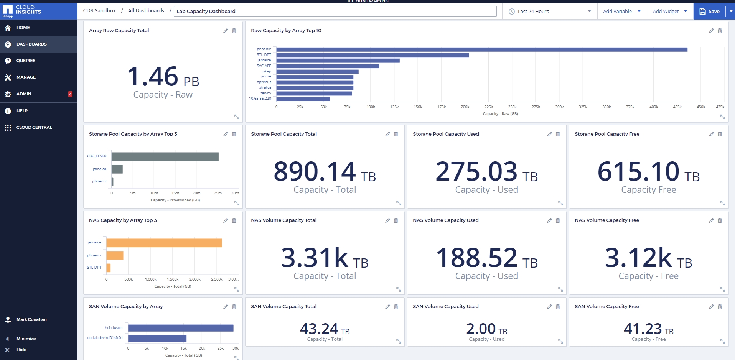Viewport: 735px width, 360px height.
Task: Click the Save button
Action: (x=709, y=12)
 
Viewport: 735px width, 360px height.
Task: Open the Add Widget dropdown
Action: (x=670, y=12)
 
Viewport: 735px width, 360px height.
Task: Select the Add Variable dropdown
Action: (x=621, y=12)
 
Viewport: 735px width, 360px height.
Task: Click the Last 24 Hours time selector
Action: (x=549, y=12)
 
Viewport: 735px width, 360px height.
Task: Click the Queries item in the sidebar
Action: (x=26, y=61)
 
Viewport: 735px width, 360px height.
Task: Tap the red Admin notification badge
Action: (x=70, y=94)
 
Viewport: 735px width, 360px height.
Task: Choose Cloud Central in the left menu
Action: (x=34, y=127)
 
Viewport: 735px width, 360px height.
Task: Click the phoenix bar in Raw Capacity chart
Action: (x=481, y=49)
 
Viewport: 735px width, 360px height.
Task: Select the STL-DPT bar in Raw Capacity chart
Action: (x=372, y=55)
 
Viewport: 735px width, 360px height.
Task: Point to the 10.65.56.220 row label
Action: (x=260, y=99)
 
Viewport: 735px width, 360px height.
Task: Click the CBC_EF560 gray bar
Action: (x=165, y=156)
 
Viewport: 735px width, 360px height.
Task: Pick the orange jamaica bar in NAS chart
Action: (x=164, y=243)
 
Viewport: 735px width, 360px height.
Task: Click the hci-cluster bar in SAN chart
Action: (x=180, y=328)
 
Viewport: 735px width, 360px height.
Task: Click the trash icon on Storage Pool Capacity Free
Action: (x=720, y=134)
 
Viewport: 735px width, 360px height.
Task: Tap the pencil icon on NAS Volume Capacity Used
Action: (x=549, y=220)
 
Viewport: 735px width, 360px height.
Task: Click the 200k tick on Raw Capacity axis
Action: (x=465, y=107)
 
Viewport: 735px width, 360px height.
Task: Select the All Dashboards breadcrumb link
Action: (x=146, y=11)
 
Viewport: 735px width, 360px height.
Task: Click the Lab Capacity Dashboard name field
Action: (x=335, y=11)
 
